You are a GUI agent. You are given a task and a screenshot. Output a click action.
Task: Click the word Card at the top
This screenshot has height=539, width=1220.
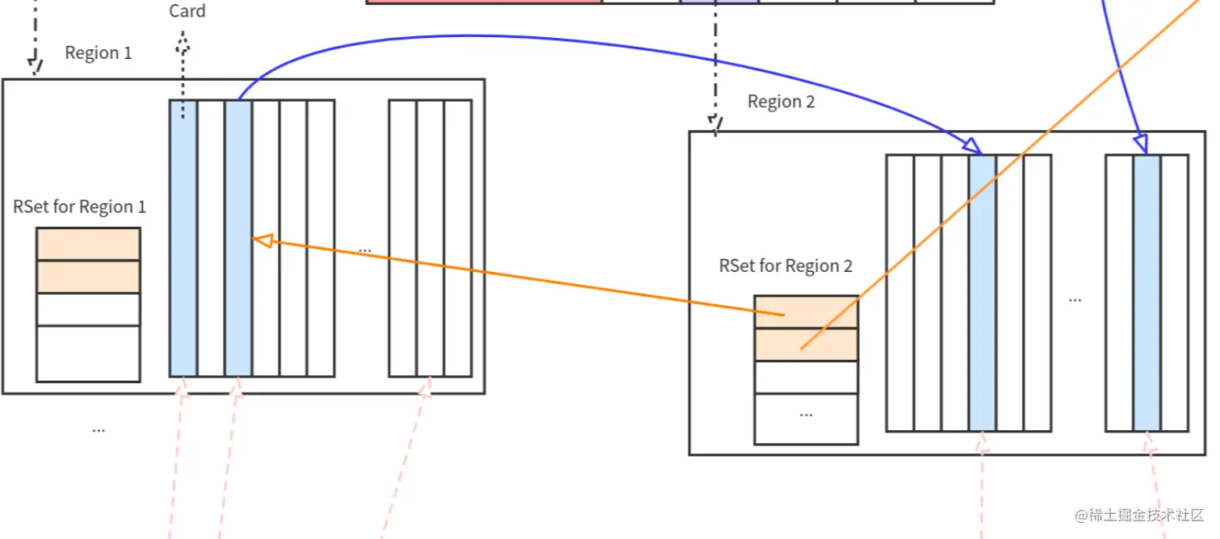187,11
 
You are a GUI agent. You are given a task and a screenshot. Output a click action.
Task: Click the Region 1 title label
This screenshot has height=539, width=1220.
98,53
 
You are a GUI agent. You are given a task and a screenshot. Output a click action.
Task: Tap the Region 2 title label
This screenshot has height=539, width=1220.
781,102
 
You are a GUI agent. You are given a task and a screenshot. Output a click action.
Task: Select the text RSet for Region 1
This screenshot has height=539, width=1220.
80,207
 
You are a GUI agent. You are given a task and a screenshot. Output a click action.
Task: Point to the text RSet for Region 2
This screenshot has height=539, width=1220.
786,266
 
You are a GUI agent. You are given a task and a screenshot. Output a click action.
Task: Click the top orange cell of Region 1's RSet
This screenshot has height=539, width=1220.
88,244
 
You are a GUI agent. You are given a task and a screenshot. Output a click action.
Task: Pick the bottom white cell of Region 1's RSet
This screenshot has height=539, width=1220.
88,353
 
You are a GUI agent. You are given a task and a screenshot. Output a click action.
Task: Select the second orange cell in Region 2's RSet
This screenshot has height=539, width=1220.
806,345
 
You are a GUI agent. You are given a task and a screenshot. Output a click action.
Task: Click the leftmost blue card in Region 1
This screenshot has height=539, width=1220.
183,238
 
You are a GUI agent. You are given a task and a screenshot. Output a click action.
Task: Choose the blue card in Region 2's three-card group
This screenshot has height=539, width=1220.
1147,292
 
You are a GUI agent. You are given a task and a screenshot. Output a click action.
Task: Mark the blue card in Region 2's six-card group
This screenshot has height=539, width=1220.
983,292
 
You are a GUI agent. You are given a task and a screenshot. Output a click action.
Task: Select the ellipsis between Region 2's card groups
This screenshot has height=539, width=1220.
1075,299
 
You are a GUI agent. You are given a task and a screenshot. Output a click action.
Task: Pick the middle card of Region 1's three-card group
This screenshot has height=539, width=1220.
430,238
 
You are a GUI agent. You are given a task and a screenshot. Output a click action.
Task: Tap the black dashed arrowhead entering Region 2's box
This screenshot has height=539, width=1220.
715,123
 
